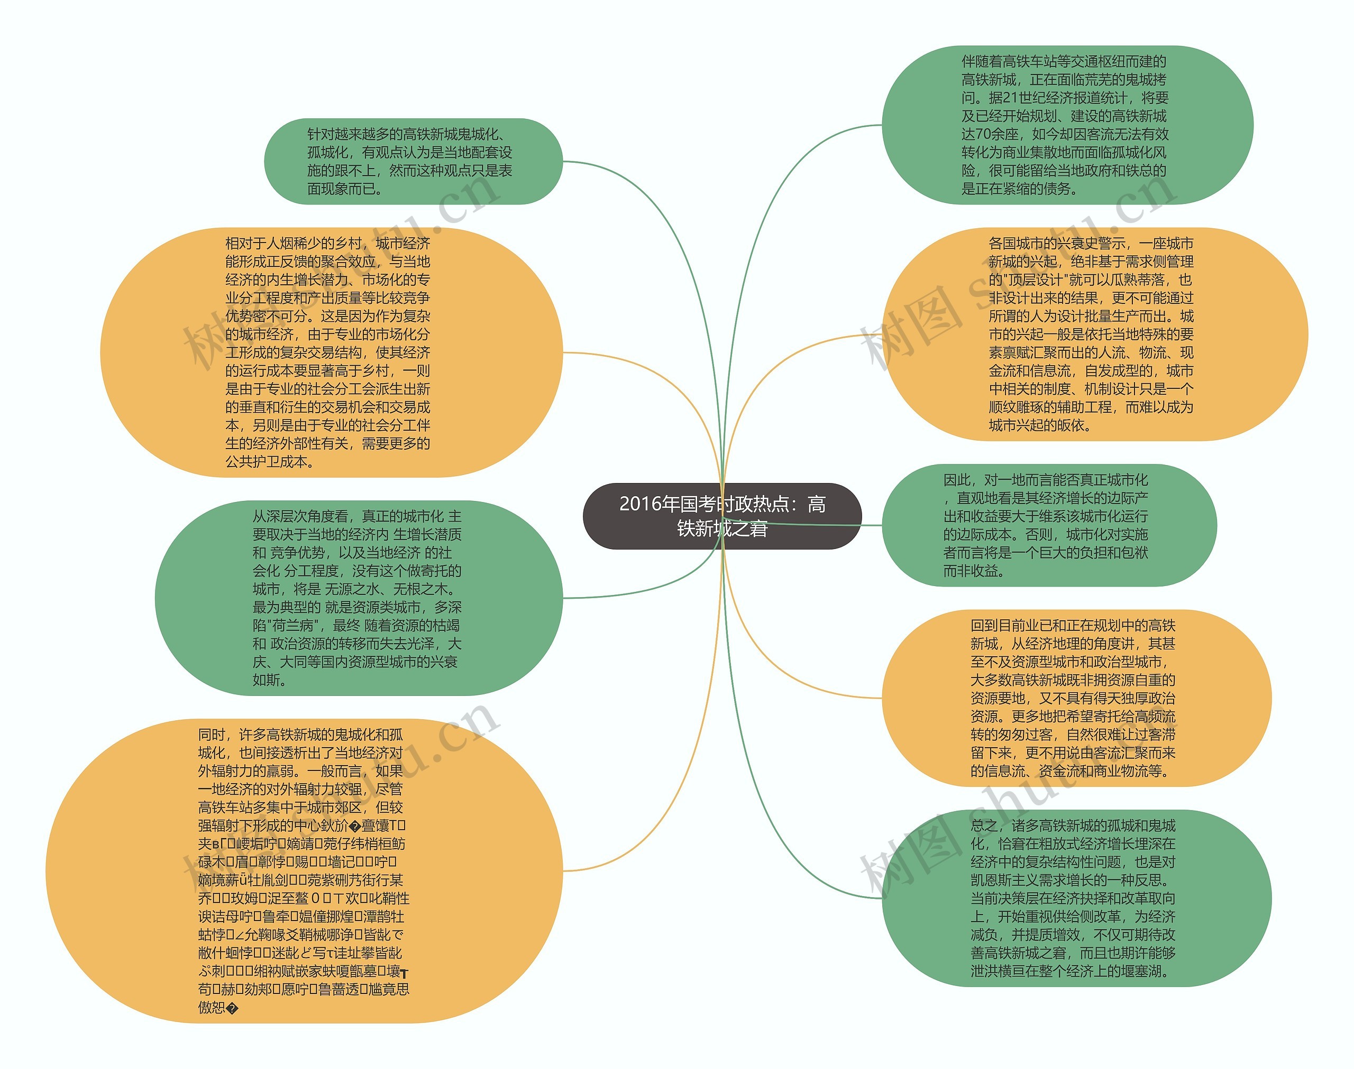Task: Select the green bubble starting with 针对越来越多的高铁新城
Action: (x=413, y=162)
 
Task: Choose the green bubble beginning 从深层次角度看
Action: (x=359, y=598)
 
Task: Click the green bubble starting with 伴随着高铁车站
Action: (x=1067, y=125)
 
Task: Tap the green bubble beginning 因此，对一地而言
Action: (x=1049, y=525)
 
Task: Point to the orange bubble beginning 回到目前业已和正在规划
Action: (x=1076, y=698)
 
